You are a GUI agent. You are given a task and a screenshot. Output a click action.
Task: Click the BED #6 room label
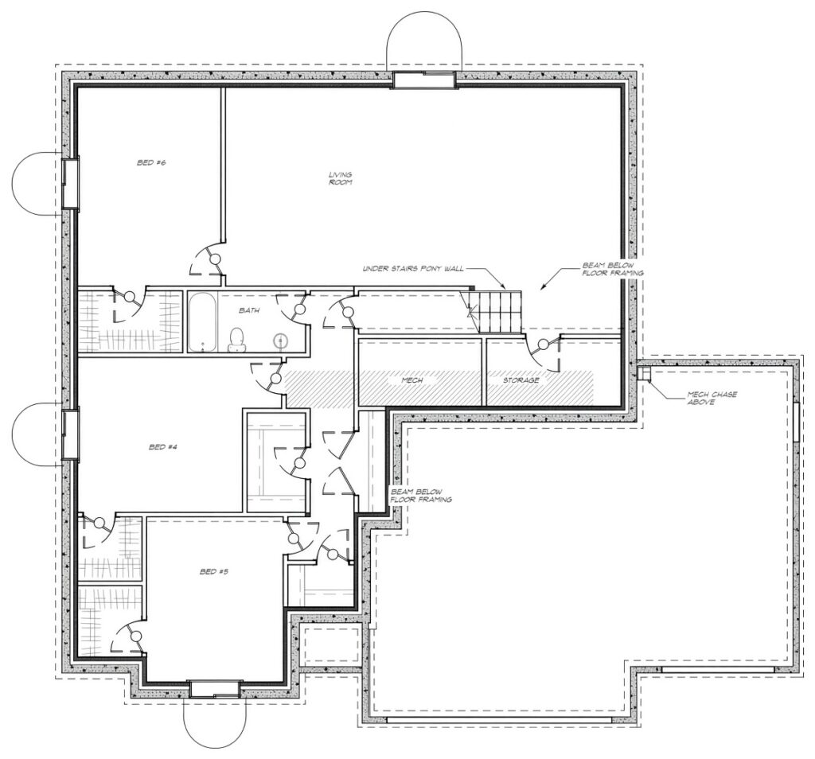tap(151, 162)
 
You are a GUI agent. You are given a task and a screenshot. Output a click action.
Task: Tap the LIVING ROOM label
tap(341, 178)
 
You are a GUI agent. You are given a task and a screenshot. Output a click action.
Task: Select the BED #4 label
tap(163, 447)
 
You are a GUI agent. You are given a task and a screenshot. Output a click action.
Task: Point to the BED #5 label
tap(214, 571)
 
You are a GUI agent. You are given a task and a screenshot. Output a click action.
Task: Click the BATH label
tap(249, 310)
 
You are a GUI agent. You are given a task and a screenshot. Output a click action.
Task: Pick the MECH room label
tap(412, 380)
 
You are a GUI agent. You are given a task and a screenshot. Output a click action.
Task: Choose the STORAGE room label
tap(521, 380)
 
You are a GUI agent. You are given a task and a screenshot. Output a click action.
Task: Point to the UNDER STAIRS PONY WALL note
tap(413, 269)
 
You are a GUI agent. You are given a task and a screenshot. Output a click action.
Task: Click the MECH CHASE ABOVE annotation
tap(712, 398)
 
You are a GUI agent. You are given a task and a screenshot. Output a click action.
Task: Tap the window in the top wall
tap(424, 80)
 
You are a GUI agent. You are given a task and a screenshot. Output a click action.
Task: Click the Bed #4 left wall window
tap(70, 434)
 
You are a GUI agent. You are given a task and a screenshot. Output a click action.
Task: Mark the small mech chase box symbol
tap(645, 373)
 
